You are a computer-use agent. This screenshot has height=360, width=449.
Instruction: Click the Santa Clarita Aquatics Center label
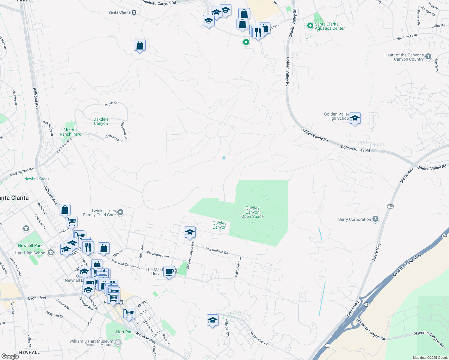click(x=330, y=26)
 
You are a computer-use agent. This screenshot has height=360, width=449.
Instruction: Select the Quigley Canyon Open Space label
click(x=252, y=212)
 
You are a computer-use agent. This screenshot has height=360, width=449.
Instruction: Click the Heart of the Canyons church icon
click(x=428, y=56)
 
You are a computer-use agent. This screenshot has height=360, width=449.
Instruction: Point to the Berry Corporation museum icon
click(x=375, y=219)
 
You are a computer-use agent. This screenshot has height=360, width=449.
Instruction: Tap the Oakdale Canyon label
click(x=101, y=121)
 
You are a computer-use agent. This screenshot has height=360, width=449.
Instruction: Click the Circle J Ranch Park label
click(x=70, y=132)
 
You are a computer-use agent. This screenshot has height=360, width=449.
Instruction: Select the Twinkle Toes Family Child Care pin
click(x=120, y=213)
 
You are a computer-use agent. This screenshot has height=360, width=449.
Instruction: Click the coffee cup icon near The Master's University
click(x=169, y=272)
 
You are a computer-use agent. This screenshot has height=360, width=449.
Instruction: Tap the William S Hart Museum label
click(x=91, y=341)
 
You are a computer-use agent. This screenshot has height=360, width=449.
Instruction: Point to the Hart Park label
click(x=125, y=332)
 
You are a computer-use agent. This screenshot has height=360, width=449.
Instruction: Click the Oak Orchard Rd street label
click(x=216, y=251)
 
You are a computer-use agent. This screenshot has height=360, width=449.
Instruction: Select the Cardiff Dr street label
click(x=110, y=104)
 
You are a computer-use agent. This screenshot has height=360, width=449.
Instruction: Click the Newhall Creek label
click(x=37, y=179)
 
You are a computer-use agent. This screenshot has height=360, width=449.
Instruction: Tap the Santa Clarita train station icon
click(x=134, y=13)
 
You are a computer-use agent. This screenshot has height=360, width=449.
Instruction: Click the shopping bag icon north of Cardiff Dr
click(x=140, y=46)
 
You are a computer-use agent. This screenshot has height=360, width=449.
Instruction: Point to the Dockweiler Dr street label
click(x=259, y=338)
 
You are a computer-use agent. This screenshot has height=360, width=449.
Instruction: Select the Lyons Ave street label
click(x=37, y=298)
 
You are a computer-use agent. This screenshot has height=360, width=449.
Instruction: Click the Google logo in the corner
click(x=10, y=356)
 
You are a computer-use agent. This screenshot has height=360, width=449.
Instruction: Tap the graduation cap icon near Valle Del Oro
click(x=212, y=320)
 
